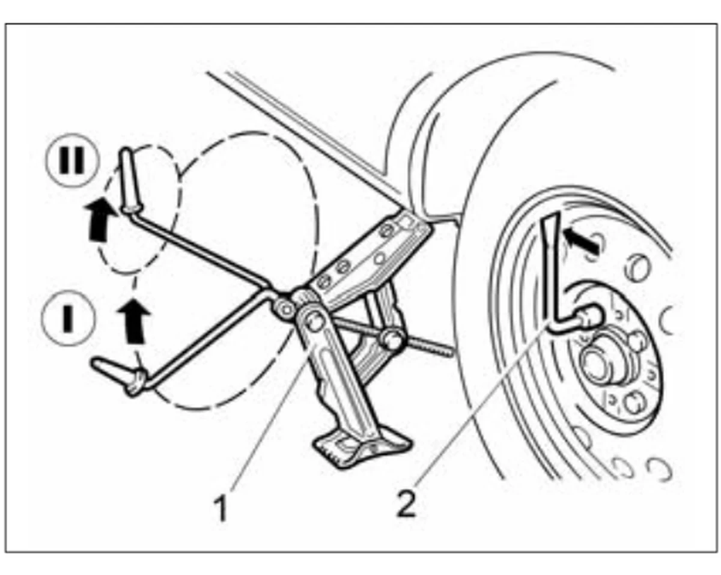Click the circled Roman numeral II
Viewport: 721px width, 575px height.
72,160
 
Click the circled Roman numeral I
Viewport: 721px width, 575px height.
68,318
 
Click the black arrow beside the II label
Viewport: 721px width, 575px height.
100,219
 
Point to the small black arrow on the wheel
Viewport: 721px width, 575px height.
580,240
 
